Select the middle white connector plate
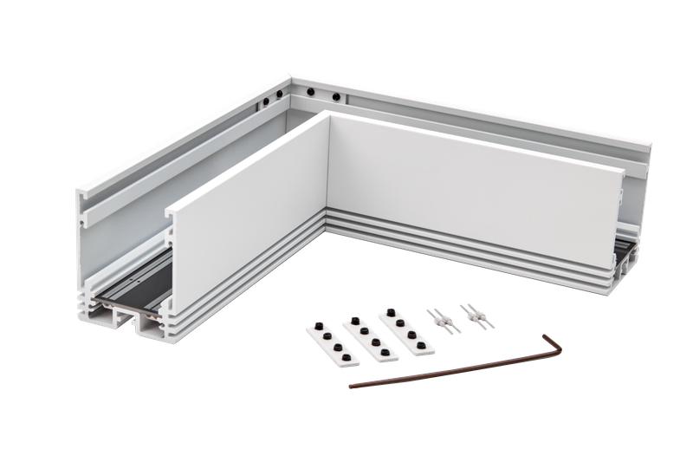tap(370, 337)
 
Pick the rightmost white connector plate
tap(406, 330)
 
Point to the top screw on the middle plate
tap(355, 321)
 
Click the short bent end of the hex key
tap(554, 345)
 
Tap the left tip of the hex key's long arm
tap(353, 385)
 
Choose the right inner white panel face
tap(468, 186)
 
